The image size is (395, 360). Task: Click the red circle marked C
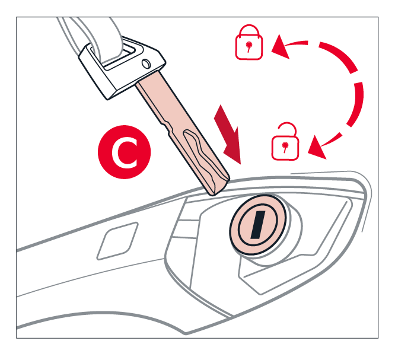coord(124,152)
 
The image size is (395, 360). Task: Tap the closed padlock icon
coord(249,42)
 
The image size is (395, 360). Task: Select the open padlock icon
coord(285,141)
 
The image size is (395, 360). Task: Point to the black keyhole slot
coord(258,224)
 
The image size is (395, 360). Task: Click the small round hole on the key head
coord(146,63)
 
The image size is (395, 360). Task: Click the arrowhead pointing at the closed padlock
coord(280,47)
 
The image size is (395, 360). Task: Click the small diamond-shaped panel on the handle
coord(117,241)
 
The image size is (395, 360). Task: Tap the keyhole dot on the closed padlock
coord(249,44)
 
